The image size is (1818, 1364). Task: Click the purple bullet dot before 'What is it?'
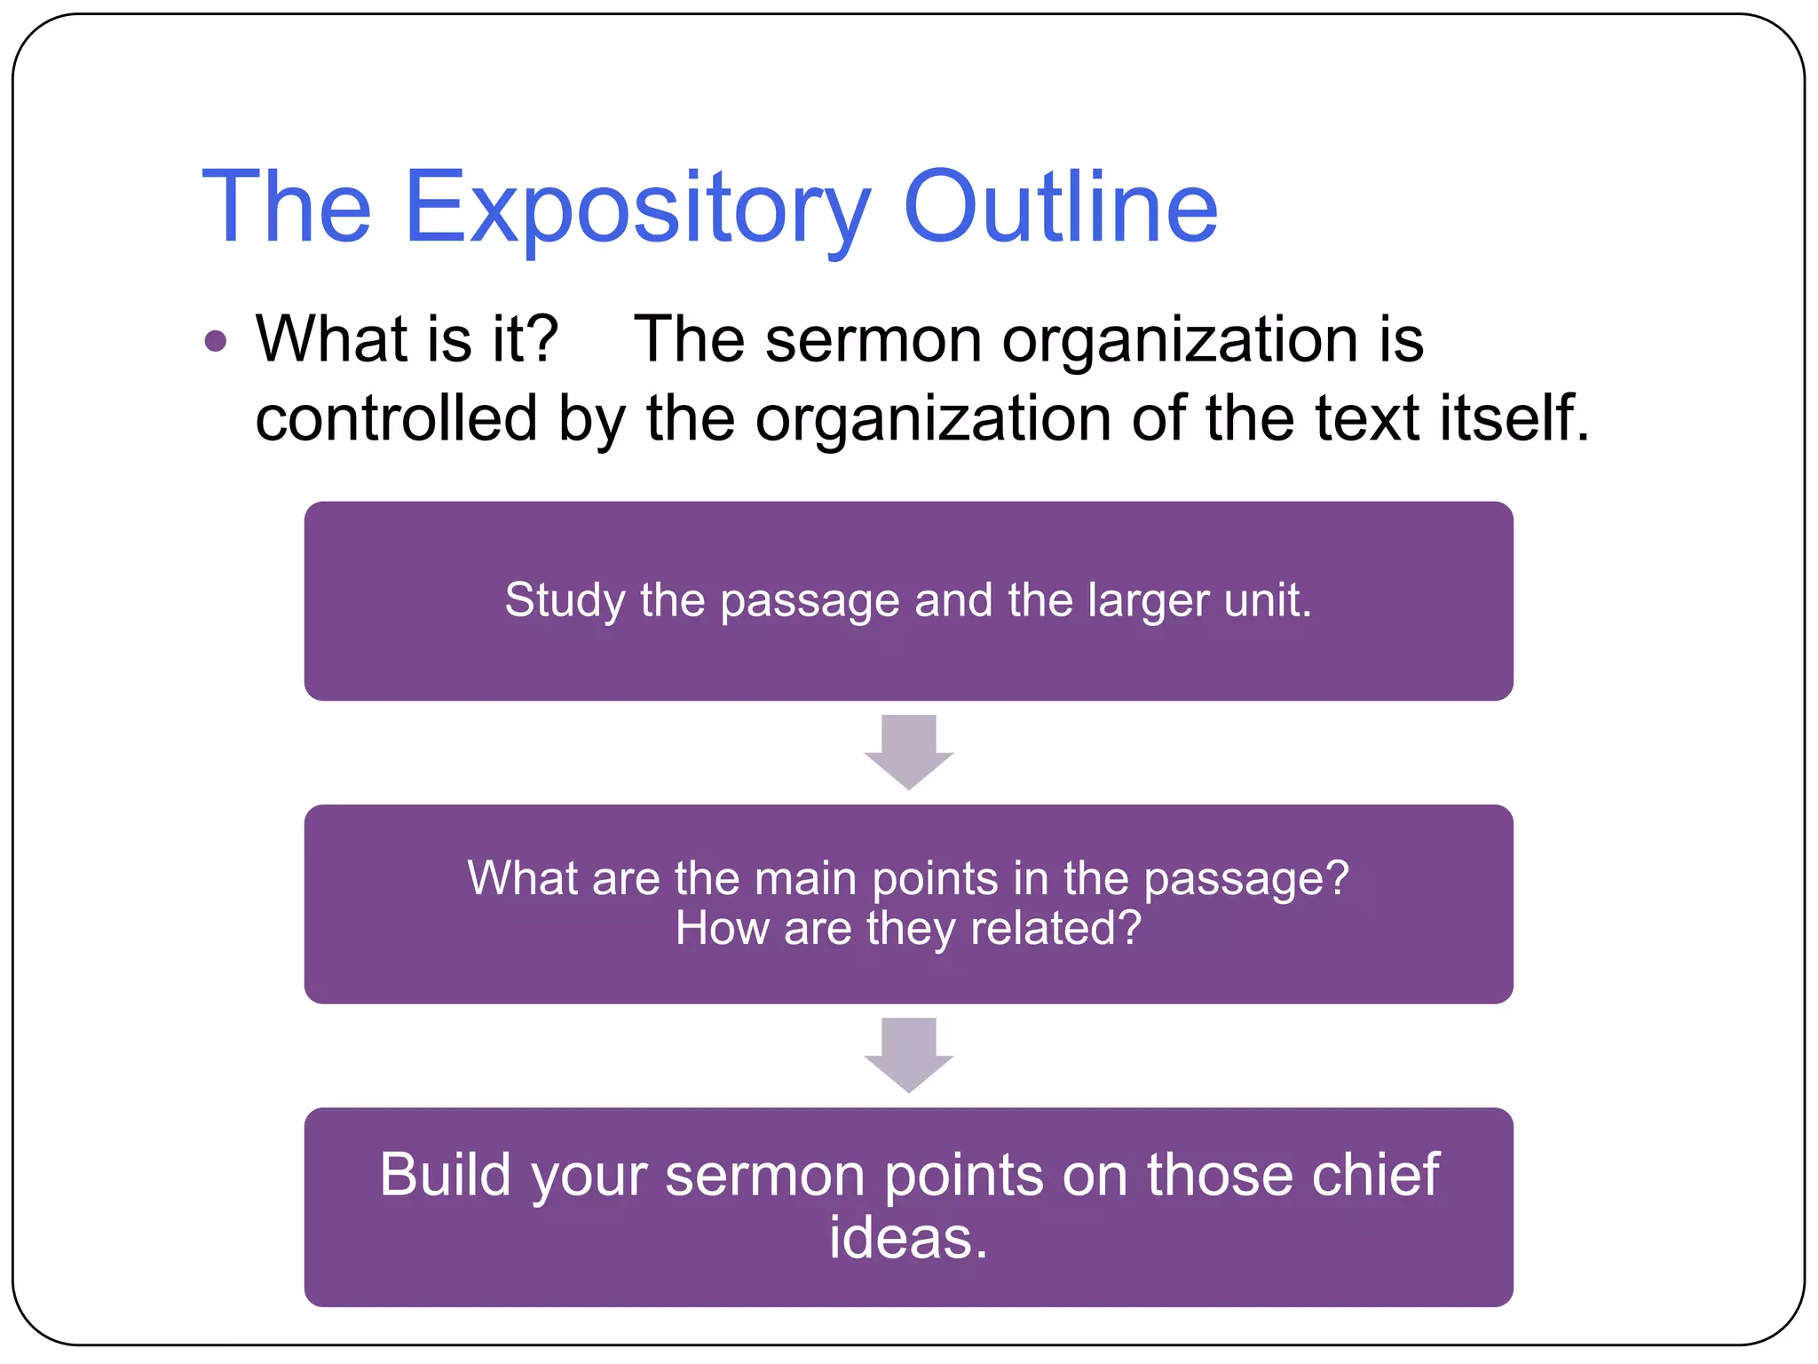pyautogui.click(x=216, y=341)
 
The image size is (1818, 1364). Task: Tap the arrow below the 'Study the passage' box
pyautogui.click(x=908, y=751)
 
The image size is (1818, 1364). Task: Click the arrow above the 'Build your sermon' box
pyautogui.click(x=908, y=1054)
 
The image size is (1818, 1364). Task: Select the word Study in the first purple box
pyautogui.click(x=565, y=601)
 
